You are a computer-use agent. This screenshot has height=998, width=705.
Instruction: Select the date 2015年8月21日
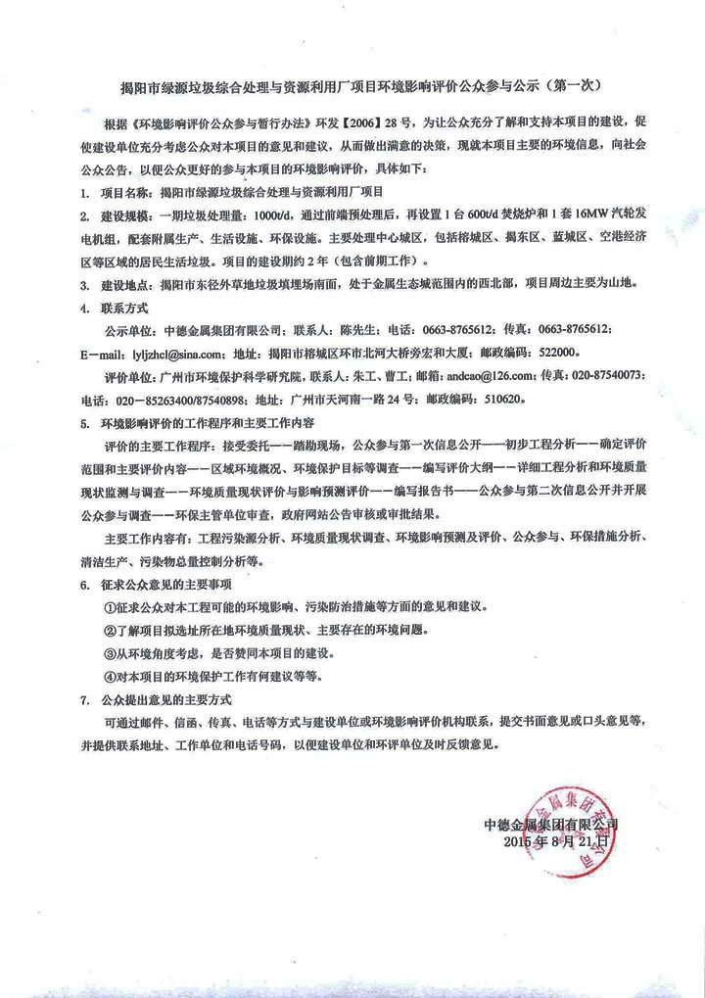(x=556, y=842)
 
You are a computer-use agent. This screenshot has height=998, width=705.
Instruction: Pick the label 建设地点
(x=128, y=285)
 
